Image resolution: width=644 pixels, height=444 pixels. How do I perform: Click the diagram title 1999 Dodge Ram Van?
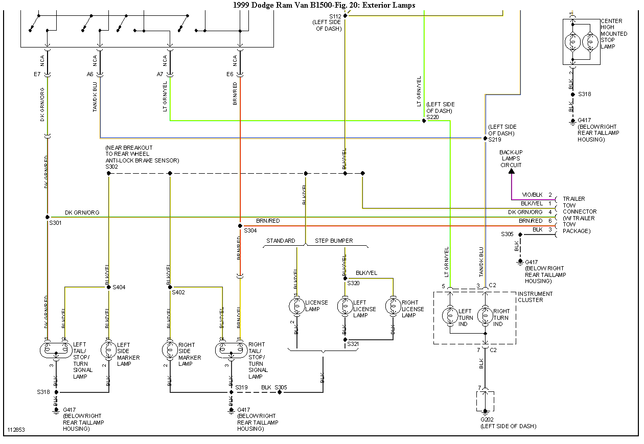tap(324, 5)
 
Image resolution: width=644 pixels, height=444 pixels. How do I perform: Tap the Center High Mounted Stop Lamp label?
tap(613, 34)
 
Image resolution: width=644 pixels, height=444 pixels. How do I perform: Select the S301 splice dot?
tap(48, 217)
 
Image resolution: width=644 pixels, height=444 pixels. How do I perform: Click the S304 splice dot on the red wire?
tap(239, 226)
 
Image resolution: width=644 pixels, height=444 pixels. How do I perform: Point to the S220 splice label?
tap(432, 117)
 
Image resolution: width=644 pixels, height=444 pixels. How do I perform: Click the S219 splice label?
tap(494, 139)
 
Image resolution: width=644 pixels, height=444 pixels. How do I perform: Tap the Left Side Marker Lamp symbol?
tap(109, 350)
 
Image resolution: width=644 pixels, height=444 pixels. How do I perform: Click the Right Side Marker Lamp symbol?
tap(170, 350)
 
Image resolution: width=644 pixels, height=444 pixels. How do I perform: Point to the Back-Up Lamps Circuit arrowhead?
tap(512, 171)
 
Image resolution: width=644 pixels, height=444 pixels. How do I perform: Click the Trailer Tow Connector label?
tap(579, 215)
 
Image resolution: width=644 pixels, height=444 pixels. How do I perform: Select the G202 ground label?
tap(488, 419)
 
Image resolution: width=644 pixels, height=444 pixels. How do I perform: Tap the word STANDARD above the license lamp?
tap(281, 241)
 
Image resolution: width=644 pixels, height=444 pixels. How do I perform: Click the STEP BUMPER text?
tap(334, 241)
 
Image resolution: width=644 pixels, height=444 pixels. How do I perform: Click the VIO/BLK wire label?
tap(532, 195)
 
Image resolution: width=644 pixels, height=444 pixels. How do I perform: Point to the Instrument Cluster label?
tap(535, 297)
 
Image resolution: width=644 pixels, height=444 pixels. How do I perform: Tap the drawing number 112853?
tap(16, 430)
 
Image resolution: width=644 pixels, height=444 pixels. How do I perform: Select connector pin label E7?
tap(37, 74)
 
